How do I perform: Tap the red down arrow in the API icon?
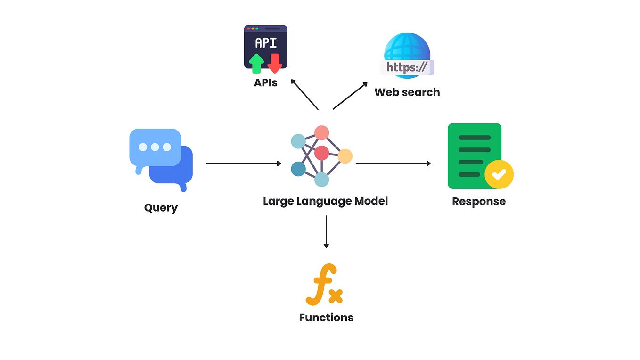(x=274, y=63)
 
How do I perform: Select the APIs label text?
(x=265, y=83)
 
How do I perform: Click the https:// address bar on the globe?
(x=407, y=67)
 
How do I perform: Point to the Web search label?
(x=407, y=92)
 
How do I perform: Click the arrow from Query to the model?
(x=243, y=164)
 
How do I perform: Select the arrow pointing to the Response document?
(x=393, y=164)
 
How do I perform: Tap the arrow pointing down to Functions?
(x=326, y=231)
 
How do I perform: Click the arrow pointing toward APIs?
(x=304, y=94)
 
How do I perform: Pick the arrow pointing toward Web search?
(x=350, y=96)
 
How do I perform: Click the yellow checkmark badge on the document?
(x=499, y=174)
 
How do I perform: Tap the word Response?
(x=478, y=202)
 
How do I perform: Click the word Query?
(x=161, y=208)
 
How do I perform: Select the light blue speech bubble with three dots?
(x=155, y=147)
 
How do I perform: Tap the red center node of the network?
(x=321, y=153)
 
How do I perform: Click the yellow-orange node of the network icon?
(x=345, y=156)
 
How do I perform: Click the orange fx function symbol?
(x=324, y=285)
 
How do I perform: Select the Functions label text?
(x=326, y=318)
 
